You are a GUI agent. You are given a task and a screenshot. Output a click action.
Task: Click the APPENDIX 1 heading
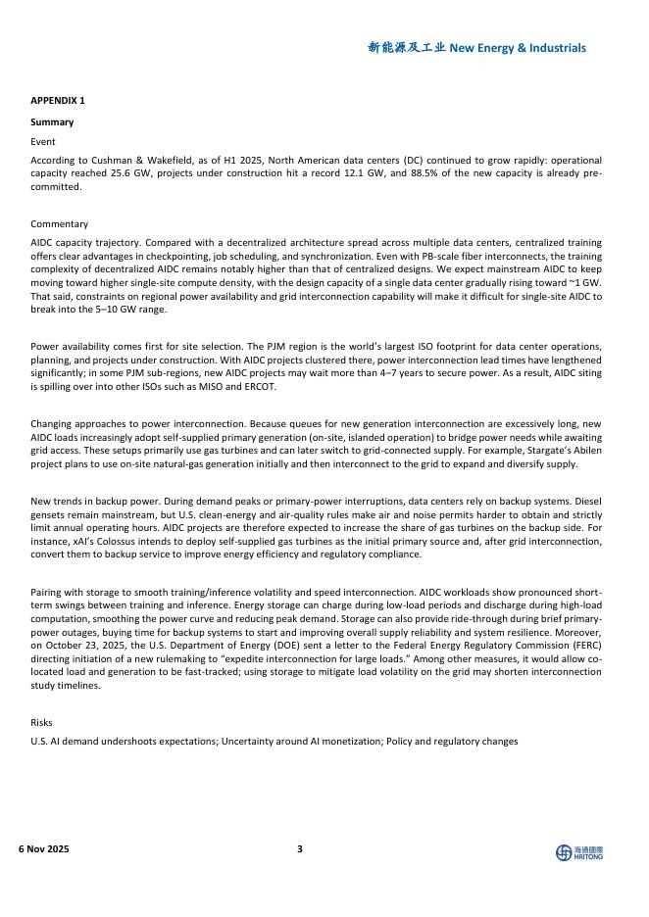point(58,101)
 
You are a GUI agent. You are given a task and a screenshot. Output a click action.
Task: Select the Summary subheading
point(52,122)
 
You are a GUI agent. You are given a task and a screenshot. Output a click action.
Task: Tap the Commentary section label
point(59,224)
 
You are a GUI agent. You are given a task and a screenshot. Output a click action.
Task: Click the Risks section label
point(41,722)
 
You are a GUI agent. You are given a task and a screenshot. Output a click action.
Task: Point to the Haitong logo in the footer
point(579,852)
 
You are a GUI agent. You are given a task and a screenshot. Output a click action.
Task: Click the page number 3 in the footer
point(300,848)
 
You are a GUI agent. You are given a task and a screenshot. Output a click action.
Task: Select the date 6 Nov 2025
point(44,848)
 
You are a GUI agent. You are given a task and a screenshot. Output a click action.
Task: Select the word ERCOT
point(260,386)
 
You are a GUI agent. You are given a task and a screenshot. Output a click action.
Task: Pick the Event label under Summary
point(43,142)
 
